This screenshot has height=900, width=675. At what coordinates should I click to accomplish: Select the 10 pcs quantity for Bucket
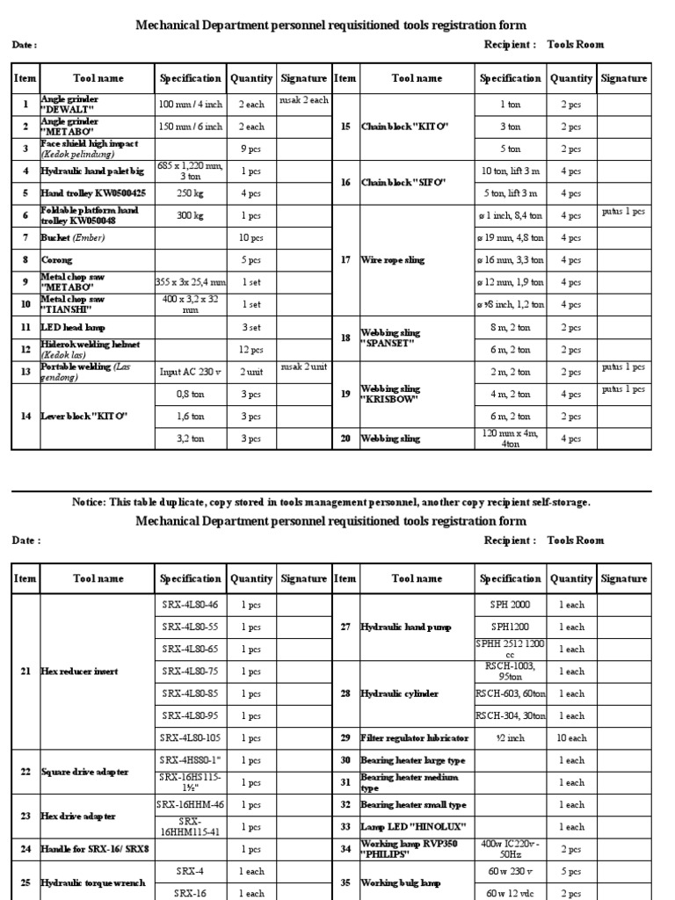click(x=250, y=238)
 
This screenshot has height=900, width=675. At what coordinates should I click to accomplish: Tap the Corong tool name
click(x=57, y=260)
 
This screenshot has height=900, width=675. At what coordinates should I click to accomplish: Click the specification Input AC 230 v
click(x=190, y=372)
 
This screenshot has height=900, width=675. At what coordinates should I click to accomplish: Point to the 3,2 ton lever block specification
click(x=190, y=438)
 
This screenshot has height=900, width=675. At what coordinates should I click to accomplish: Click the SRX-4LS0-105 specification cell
click(x=190, y=738)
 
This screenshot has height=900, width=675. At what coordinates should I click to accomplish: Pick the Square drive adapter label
click(x=84, y=772)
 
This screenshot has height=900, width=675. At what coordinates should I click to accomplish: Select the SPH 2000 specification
click(x=511, y=605)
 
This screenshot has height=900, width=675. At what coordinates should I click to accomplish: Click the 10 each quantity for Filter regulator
click(x=571, y=738)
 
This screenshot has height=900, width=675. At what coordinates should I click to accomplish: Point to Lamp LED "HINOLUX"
click(x=412, y=827)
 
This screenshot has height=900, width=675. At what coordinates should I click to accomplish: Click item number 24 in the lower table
click(x=25, y=849)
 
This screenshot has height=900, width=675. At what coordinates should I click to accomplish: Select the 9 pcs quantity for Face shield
click(x=250, y=149)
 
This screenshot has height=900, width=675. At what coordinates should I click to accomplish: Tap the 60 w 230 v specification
click(x=511, y=872)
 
